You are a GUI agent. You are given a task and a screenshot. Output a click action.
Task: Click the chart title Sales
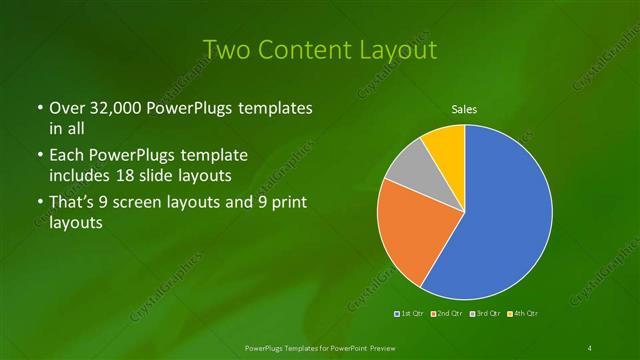pos(464,109)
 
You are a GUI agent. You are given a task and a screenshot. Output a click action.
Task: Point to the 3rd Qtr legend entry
pos(487,314)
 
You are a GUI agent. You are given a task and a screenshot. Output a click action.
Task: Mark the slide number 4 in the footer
pos(590,347)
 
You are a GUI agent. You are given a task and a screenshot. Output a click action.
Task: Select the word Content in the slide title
pos(301,49)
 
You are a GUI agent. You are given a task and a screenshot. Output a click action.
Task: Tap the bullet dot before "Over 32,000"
pos(39,108)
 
